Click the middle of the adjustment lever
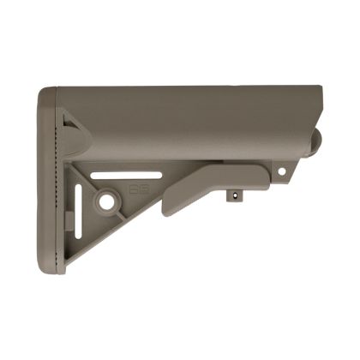pyautogui.click(x=214, y=183)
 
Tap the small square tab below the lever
pyautogui.click(x=232, y=195)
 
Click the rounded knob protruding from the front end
pyautogui.click(x=315, y=141)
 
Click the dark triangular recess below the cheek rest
pyautogui.click(x=75, y=137)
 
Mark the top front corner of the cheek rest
pyautogui.click(x=320, y=88)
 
